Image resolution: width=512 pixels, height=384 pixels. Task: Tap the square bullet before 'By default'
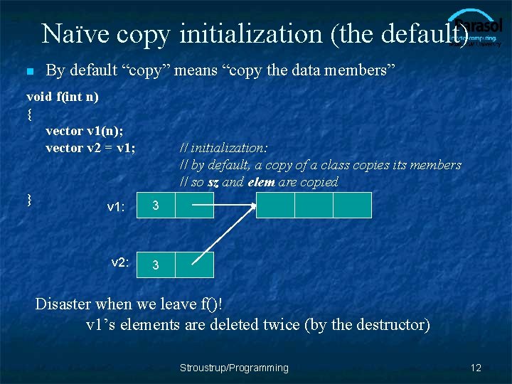click(29, 72)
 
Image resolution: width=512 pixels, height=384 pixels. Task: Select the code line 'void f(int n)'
click(63, 96)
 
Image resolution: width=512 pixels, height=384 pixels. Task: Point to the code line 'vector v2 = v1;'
click(90, 148)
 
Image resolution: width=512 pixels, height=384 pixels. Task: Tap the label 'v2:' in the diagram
click(120, 262)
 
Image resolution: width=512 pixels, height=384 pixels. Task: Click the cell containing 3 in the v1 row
click(156, 206)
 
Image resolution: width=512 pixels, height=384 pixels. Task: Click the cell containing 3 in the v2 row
click(156, 265)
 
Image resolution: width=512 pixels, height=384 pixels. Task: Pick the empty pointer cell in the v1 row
click(193, 206)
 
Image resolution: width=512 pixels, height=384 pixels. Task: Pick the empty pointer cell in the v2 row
click(193, 265)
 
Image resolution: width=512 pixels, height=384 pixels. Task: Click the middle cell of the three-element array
click(314, 205)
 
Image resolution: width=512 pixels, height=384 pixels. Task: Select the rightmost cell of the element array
click(352, 205)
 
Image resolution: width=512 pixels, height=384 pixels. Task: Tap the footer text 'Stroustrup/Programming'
click(234, 368)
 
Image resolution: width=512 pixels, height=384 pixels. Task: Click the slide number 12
click(476, 368)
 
